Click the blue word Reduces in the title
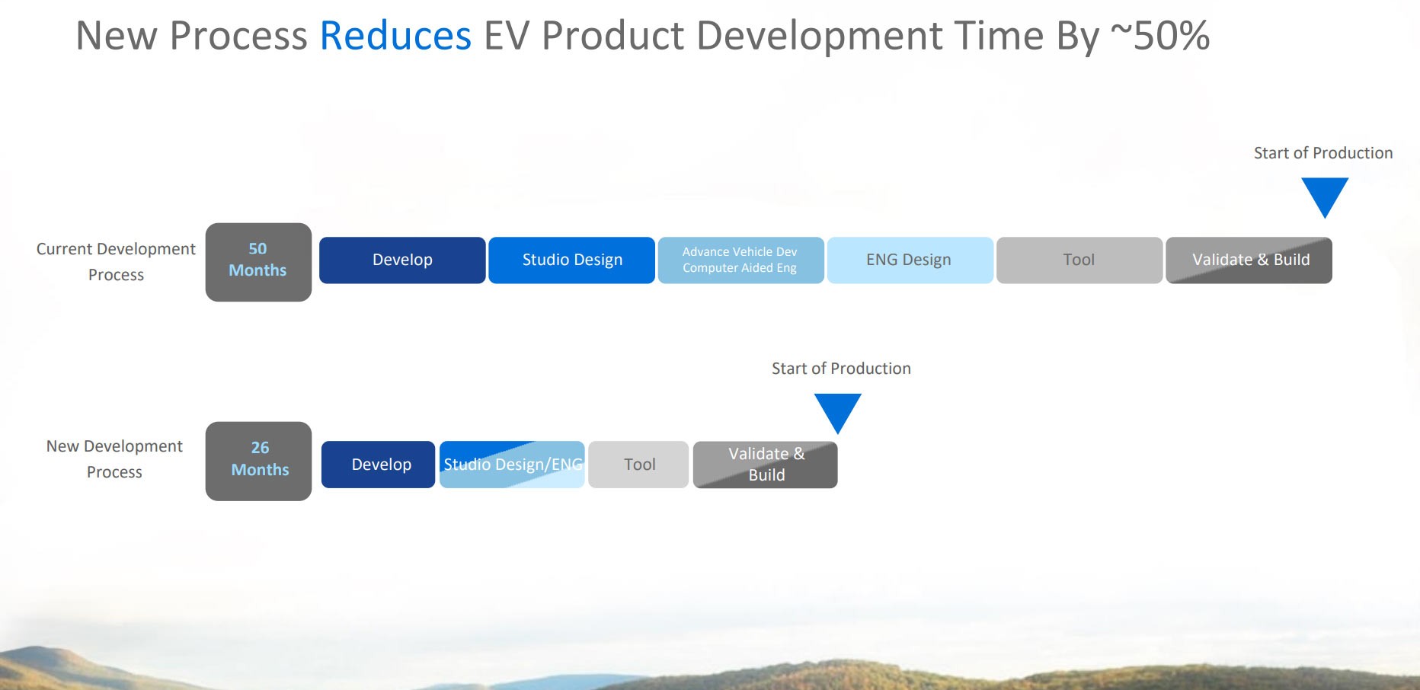[x=395, y=36]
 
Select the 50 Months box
[x=258, y=261]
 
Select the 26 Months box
[x=258, y=461]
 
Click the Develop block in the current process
[x=402, y=260]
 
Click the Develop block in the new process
[x=378, y=465]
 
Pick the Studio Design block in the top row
[x=571, y=260]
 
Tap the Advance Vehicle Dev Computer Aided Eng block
[x=740, y=260]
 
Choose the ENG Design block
[x=910, y=260]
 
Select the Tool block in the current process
[x=1079, y=260]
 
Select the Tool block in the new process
[x=638, y=465]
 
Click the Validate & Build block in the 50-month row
[x=1249, y=260]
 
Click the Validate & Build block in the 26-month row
[x=765, y=465]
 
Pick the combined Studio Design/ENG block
[x=512, y=465]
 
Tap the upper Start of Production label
[x=1323, y=153]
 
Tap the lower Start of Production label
[x=841, y=369]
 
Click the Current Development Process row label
[x=116, y=261]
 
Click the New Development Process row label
[x=114, y=458]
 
